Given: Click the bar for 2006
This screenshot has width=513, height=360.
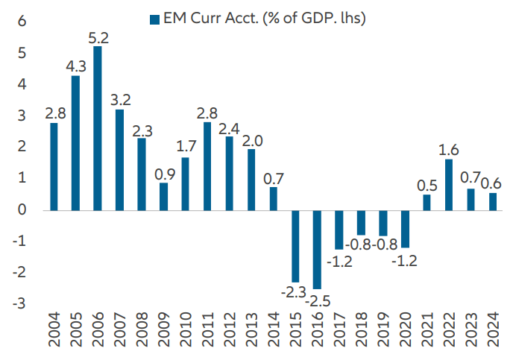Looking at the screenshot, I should (98, 128).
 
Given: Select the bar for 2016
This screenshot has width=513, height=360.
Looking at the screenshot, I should (317, 250).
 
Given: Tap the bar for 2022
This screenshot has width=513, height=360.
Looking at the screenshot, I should (449, 184).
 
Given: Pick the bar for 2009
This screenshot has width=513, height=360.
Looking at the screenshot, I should (163, 196).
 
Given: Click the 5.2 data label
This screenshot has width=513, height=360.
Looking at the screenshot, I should (98, 35).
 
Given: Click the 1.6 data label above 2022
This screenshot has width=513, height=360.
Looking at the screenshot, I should (449, 148).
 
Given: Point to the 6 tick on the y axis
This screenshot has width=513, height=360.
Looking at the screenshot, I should (22, 22).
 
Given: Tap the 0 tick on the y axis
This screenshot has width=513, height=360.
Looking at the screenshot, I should (22, 210).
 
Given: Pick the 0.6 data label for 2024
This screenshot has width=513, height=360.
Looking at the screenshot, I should (493, 183).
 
